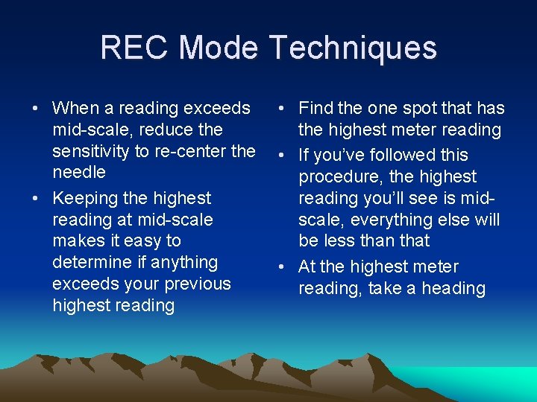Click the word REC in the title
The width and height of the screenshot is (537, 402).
click(135, 48)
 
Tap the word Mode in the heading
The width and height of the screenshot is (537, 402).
click(219, 48)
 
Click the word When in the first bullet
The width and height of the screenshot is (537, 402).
click(76, 109)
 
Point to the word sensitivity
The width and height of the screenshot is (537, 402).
click(89, 151)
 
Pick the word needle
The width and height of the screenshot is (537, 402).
click(79, 173)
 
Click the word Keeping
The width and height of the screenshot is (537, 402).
click(84, 198)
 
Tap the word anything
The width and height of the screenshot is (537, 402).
click(183, 262)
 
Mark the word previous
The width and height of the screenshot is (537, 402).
click(196, 284)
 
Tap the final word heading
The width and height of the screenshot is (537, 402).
click(453, 288)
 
